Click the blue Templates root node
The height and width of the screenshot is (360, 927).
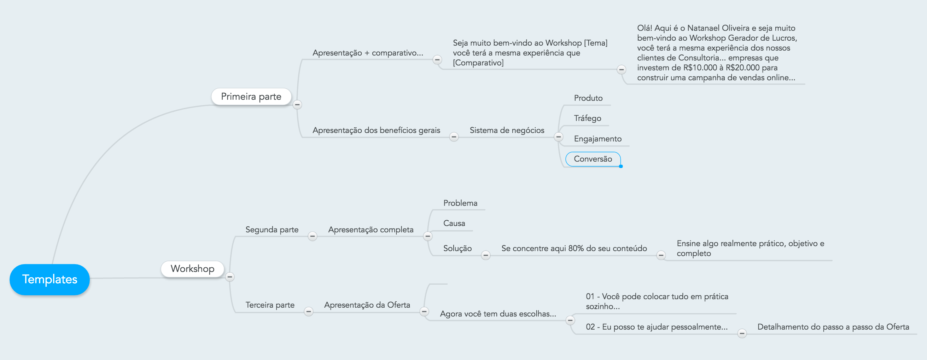click(49, 279)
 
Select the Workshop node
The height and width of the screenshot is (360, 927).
click(193, 268)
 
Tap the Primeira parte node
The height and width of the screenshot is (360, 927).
click(251, 97)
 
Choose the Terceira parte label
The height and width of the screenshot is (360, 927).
click(270, 305)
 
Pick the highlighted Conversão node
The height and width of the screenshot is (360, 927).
click(593, 159)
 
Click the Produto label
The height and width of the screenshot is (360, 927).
click(588, 98)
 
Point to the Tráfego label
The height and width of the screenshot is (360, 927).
click(587, 118)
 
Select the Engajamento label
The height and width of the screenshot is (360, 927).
click(597, 139)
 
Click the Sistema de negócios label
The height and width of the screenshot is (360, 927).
click(507, 130)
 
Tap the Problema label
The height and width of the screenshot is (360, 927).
click(460, 203)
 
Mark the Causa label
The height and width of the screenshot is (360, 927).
click(454, 223)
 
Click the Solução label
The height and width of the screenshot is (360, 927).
click(457, 248)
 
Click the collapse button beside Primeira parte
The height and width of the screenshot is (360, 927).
click(297, 105)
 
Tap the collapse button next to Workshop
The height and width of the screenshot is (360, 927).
click(229, 277)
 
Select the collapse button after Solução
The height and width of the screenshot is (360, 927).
click(485, 255)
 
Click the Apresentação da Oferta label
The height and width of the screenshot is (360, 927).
click(367, 305)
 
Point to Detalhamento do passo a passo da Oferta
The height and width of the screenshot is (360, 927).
click(833, 327)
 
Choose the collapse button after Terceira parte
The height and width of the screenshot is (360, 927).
click(308, 312)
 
